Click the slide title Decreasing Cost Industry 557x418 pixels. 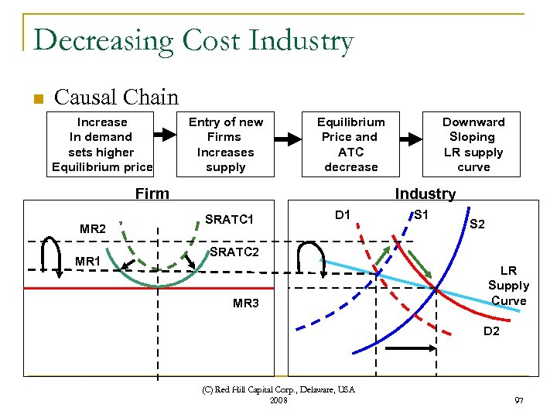[x=193, y=40]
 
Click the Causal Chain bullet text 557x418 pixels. [x=116, y=98]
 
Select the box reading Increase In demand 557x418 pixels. [x=101, y=144]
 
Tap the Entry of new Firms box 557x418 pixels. [x=225, y=144]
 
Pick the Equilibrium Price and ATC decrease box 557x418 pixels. [x=350, y=144]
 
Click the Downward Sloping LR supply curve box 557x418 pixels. [x=473, y=144]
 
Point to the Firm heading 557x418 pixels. [x=152, y=194]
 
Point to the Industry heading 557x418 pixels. [x=425, y=194]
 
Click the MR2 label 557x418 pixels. [x=93, y=229]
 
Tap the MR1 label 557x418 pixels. [x=88, y=262]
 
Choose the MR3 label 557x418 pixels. [x=246, y=303]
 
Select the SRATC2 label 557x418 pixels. [x=234, y=253]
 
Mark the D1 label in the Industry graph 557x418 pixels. [x=342, y=214]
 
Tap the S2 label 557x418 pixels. [x=477, y=224]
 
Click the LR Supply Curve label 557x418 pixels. [x=508, y=286]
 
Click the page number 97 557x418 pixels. [x=518, y=400]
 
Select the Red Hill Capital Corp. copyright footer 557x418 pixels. [x=279, y=395]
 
